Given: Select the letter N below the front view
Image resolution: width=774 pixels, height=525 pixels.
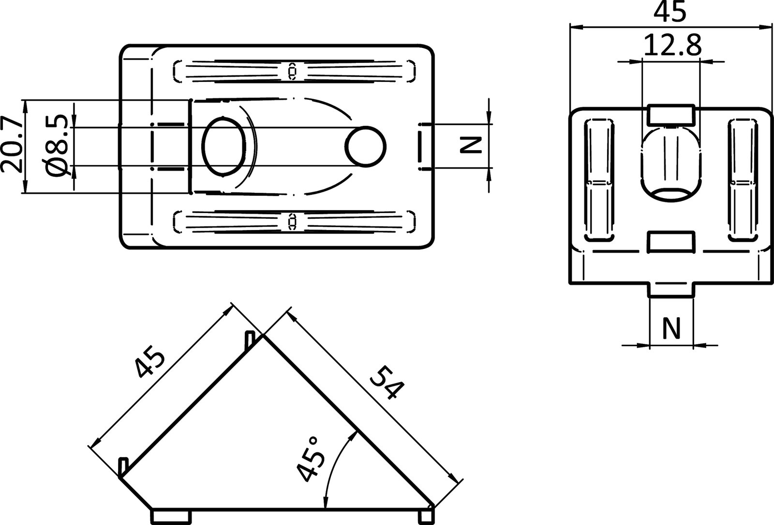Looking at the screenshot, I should pos(670,328).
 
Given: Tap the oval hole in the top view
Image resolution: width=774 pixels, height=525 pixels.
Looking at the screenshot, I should pos(224,146).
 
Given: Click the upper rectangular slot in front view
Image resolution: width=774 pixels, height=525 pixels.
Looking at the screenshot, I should pos(671,114).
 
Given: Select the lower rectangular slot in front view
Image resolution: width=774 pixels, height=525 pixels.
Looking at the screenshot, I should pos(671,242).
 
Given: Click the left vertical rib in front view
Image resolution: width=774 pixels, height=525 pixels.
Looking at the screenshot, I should pos(600,180).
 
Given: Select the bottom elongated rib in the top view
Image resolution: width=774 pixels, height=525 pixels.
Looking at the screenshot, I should pos(294,220).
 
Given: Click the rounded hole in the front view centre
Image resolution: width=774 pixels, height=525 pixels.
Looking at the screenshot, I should pos(670,165).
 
